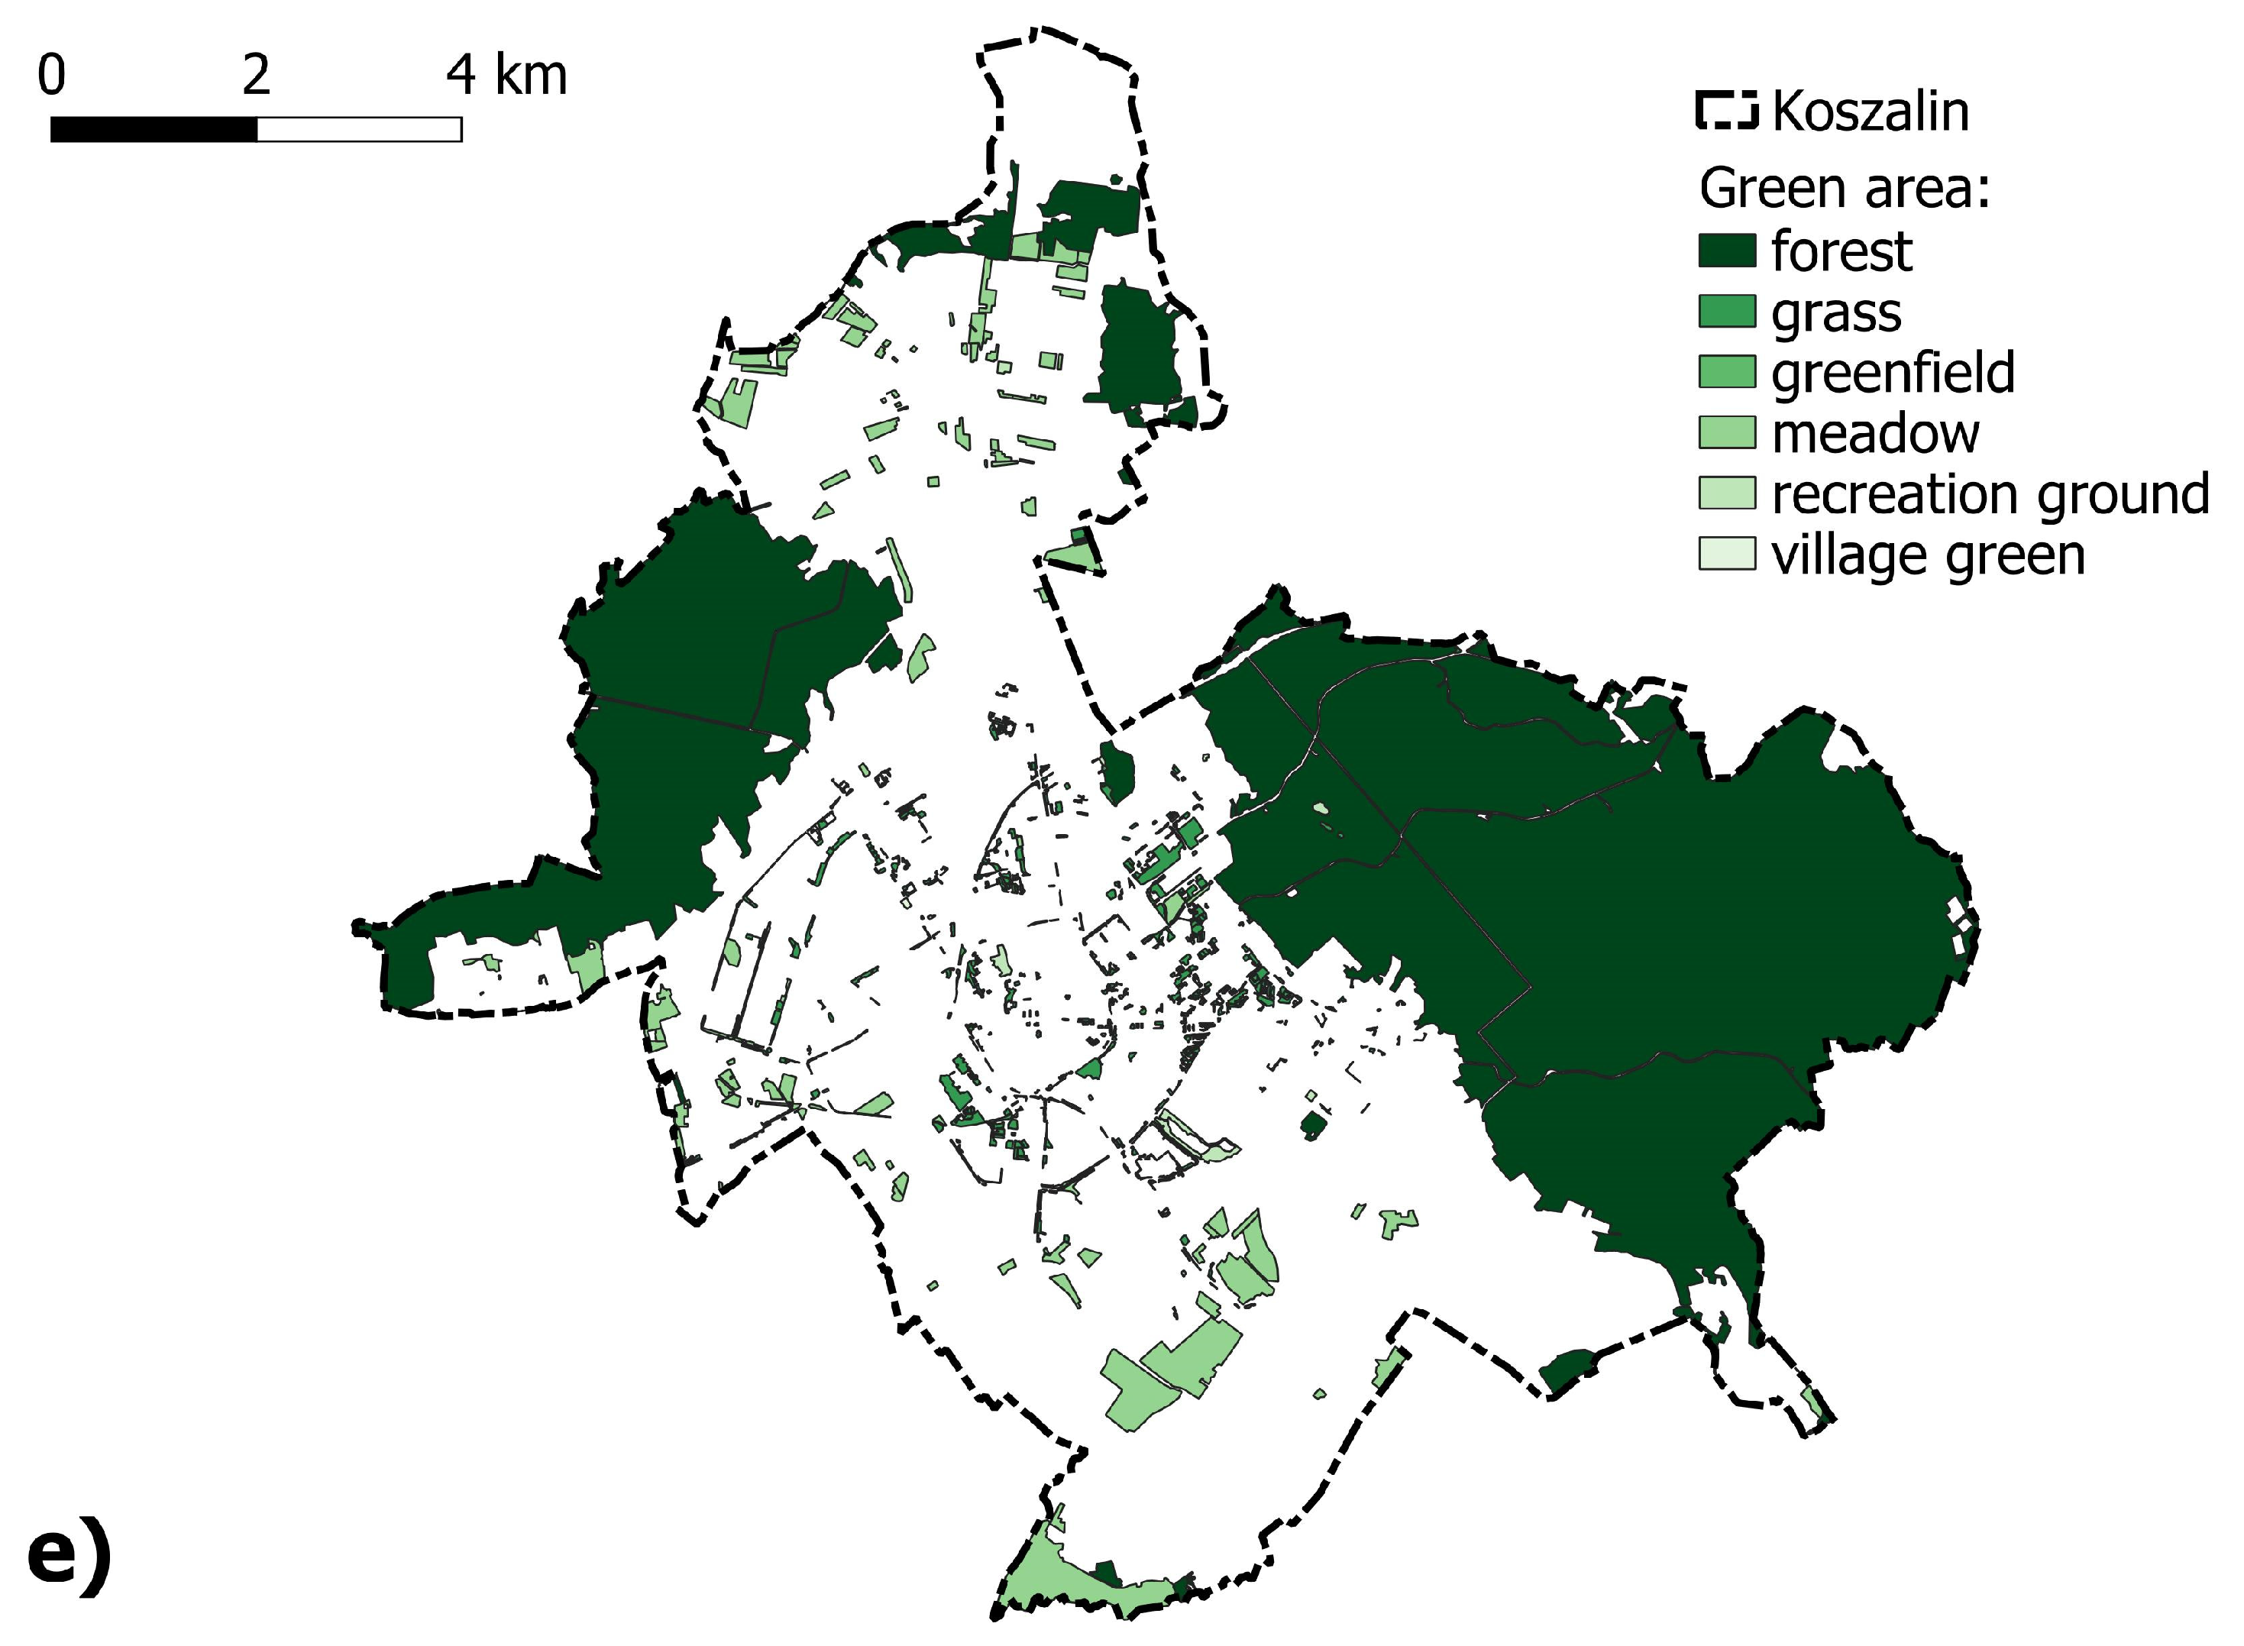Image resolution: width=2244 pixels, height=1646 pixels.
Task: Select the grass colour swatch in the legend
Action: pos(1727,311)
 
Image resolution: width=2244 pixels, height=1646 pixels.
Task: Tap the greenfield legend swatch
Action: pos(1727,372)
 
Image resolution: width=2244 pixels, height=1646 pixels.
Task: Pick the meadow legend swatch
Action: pos(1727,432)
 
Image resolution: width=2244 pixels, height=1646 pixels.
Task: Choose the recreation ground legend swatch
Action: pos(1727,493)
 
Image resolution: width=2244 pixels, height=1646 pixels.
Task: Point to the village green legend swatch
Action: pos(1727,554)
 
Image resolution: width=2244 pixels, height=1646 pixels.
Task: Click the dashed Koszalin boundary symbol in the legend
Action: pos(1727,111)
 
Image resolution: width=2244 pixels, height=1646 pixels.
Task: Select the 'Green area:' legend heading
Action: pos(1845,189)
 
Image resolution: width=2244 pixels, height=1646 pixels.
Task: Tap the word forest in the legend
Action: pos(1841,251)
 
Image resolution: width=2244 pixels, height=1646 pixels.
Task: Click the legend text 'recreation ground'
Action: pos(1990,494)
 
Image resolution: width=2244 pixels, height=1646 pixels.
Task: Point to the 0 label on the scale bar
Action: pos(52,76)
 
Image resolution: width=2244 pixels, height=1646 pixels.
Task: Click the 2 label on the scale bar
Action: pos(256,76)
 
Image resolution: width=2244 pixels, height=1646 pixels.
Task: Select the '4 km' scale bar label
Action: pos(506,76)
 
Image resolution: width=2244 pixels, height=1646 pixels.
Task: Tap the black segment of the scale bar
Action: pos(154,130)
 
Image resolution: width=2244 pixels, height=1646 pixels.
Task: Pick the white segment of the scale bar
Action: pos(359,130)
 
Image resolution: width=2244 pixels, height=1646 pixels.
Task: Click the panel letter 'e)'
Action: pos(69,1557)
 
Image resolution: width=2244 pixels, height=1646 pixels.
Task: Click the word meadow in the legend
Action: pos(1875,433)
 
